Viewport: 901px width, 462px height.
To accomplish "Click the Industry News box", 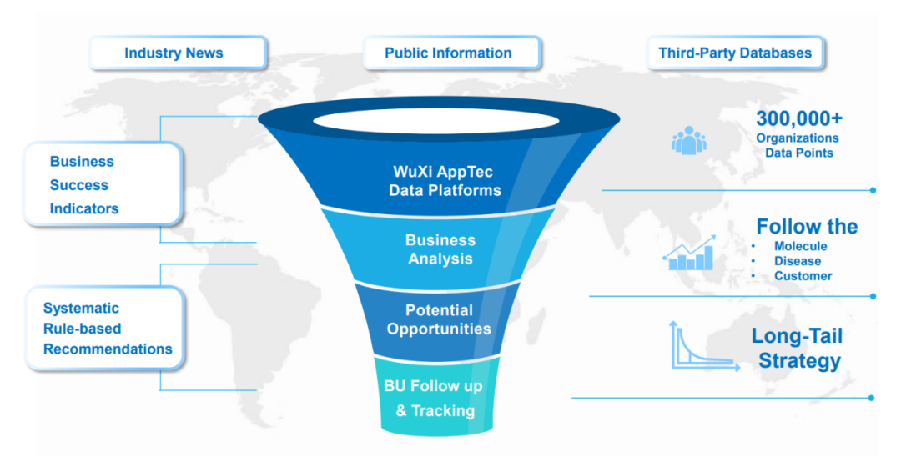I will coord(174,53).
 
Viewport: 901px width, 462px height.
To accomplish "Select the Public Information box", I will coord(448,53).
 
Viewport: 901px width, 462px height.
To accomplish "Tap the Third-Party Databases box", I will coord(734,53).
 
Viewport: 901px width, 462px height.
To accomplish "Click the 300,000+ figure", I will coord(798,119).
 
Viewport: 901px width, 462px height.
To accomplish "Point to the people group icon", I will coord(688,140).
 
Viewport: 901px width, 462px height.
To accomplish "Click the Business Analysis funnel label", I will coord(440,249).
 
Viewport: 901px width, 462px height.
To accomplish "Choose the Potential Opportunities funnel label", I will coord(439,319).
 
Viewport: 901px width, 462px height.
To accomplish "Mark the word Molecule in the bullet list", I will coord(800,246).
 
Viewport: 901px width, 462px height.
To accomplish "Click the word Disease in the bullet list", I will coord(797,261).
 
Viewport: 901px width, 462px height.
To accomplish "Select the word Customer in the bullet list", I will coord(803,276).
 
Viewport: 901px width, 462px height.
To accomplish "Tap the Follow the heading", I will coord(806,226).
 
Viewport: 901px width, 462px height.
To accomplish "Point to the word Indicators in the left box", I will coord(84,208).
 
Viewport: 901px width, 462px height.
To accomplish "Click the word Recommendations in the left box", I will coord(108,349).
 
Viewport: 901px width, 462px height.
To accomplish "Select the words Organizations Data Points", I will coord(798,145).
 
